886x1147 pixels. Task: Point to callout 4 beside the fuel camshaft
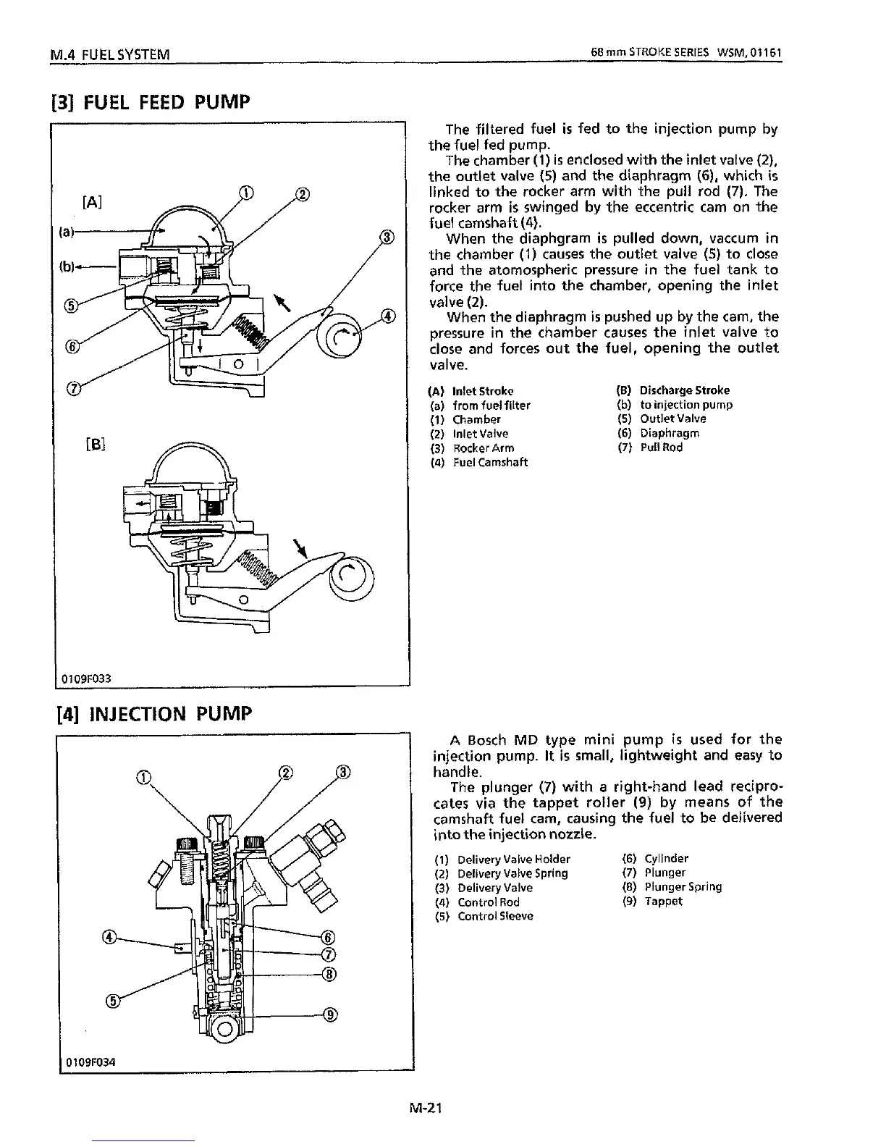pos(389,316)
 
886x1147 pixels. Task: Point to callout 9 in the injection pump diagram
pos(330,1014)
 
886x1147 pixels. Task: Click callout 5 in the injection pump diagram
pos(112,1001)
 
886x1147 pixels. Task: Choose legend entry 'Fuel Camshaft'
pos(490,462)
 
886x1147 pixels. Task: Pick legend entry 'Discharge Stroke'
pos(684,390)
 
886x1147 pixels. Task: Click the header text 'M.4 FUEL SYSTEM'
pos(108,54)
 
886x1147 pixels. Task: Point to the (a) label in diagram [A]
pos(66,232)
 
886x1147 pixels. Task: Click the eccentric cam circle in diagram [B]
pos(352,577)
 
